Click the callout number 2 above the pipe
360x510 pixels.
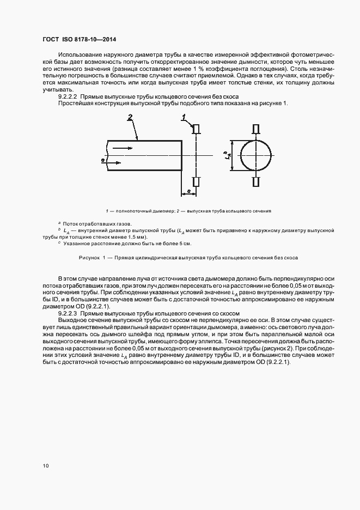tap(130, 117)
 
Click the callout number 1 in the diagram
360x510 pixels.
tap(184, 117)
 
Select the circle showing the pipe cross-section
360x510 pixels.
tap(255, 155)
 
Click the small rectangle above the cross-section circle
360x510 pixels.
tap(255, 129)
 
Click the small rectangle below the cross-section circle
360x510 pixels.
tap(255, 182)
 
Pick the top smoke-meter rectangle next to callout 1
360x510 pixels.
tap(197, 129)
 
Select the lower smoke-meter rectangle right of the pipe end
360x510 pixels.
tap(197, 182)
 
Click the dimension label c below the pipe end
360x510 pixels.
tap(188, 191)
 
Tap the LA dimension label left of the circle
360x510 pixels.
tap(226, 155)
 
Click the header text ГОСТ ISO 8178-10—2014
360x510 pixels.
tap(79, 40)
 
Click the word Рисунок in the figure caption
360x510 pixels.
tap(90, 257)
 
